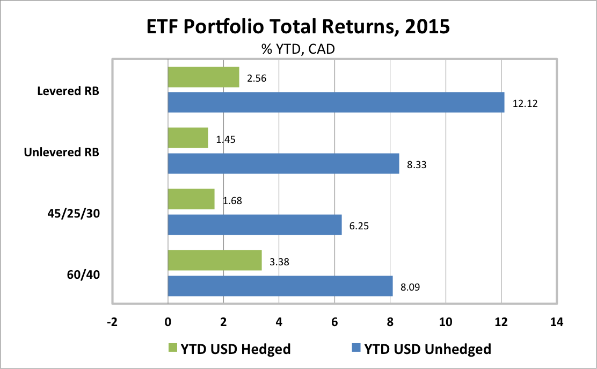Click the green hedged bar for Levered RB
[x=203, y=77]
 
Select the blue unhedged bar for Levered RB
[x=336, y=102]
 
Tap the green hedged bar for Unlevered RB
[x=188, y=138]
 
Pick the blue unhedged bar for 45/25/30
[x=254, y=225]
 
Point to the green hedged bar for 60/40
[x=215, y=260]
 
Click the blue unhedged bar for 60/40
[x=280, y=286]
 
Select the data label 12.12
[x=525, y=104]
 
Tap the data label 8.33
[x=417, y=165]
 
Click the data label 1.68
[x=234, y=201]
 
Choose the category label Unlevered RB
[x=61, y=152]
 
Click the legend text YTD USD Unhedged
[x=427, y=349]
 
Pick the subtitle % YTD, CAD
[x=298, y=49]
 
